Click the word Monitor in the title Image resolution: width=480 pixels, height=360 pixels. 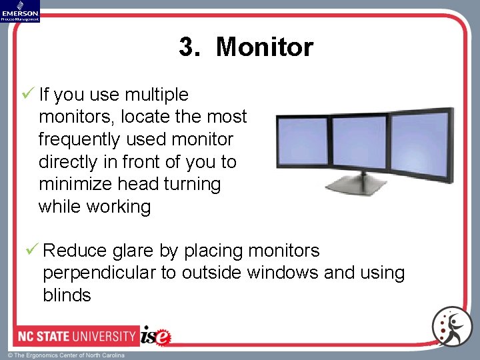pyautogui.click(x=264, y=47)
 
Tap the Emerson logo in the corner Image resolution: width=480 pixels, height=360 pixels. pyautogui.click(x=20, y=11)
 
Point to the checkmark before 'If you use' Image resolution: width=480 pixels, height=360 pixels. pyautogui.click(x=28, y=94)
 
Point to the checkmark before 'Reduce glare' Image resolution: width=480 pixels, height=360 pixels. pyautogui.click(x=31, y=250)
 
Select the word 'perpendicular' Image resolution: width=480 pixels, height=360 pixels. pyautogui.click(x=110, y=273)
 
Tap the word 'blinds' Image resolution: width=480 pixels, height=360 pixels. pyautogui.click(x=67, y=295)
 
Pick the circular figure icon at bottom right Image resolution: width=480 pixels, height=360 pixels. pyautogui.click(x=451, y=327)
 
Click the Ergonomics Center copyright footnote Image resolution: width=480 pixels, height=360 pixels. pyautogui.click(x=66, y=355)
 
